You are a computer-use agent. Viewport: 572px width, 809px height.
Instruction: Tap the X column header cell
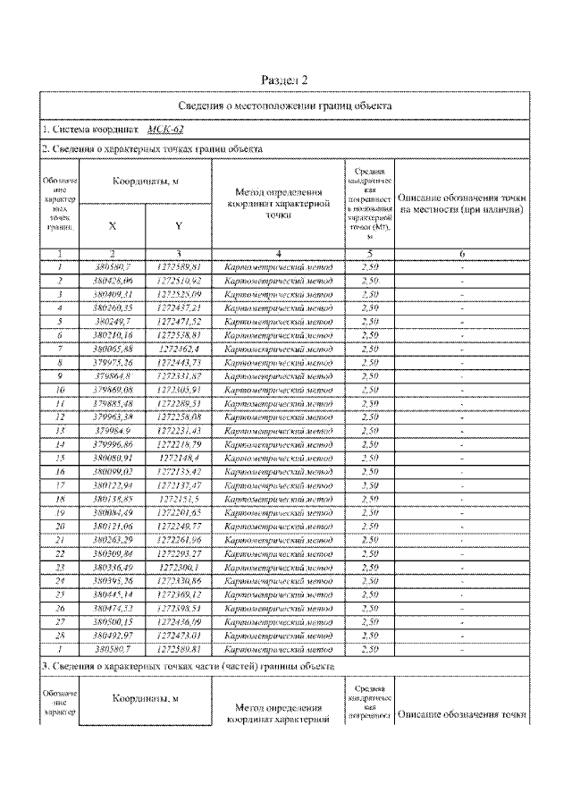(113, 226)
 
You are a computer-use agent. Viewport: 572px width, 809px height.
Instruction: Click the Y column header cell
(179, 226)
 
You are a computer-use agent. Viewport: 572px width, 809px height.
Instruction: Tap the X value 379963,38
(113, 417)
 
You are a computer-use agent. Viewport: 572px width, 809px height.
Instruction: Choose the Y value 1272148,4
(179, 458)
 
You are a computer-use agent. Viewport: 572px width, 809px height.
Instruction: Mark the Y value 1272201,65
(179, 512)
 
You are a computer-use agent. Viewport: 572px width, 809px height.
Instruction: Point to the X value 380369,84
(113, 553)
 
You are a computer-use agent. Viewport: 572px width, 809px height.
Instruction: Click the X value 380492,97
(113, 636)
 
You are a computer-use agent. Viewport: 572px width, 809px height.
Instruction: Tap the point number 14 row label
(58, 444)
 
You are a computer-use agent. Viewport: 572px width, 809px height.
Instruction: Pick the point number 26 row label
(58, 608)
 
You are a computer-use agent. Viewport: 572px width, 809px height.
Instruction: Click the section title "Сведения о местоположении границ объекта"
(285, 105)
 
